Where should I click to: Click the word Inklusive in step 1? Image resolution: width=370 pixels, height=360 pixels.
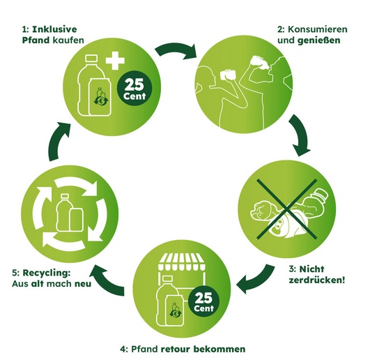tap(54, 29)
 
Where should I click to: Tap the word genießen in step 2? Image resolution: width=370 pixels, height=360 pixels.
tap(319, 40)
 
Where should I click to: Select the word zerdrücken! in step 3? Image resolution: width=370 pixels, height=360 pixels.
tap(317, 280)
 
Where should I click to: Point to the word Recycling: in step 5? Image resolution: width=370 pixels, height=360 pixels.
tap(47, 273)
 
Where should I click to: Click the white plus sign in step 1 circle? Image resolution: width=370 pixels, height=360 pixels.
tap(115, 61)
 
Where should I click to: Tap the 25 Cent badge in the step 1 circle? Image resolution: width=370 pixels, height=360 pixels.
tap(134, 89)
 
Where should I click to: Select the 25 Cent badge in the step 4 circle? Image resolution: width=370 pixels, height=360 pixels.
tap(204, 301)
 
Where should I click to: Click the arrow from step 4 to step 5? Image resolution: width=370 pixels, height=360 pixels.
tap(109, 281)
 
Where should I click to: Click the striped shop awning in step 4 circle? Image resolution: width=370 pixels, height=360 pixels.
tap(181, 262)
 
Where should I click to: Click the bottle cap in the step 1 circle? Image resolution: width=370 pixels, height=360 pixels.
tap(91, 59)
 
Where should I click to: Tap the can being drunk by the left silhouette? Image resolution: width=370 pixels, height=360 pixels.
tap(227, 75)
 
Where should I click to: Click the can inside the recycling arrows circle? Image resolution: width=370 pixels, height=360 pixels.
tap(76, 220)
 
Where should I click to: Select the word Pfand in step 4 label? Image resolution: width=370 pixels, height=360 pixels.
tap(144, 349)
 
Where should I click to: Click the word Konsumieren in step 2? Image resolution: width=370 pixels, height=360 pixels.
tap(318, 29)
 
